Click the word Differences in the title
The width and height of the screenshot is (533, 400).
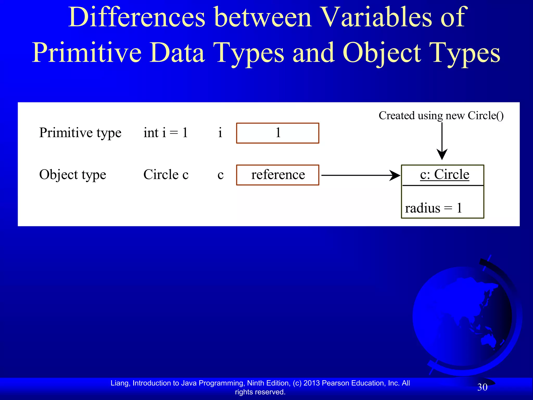137,17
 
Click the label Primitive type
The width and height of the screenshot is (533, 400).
80,133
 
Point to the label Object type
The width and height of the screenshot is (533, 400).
73,175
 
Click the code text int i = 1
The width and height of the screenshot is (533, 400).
166,133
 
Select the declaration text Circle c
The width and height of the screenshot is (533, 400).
166,174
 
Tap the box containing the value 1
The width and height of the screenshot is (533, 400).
277,133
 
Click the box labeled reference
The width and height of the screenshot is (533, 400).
277,175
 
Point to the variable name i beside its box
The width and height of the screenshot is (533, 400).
220,133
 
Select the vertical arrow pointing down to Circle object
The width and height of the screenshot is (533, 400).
442,141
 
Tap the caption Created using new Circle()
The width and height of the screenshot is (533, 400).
441,116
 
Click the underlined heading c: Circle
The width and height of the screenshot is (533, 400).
445,174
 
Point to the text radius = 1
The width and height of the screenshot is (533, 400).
433,208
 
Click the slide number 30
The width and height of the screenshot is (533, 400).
482,387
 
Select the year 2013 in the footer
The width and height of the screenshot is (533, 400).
312,383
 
